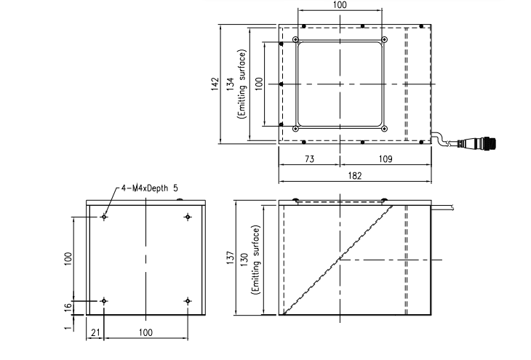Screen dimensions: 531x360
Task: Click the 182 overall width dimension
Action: pos(354,176)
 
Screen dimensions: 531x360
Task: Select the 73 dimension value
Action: pos(310,159)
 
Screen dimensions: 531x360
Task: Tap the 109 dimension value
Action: pos(386,159)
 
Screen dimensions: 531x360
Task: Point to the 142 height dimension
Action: pos(215,84)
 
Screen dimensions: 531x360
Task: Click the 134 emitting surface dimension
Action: pos(231,84)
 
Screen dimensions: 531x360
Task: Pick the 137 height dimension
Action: pos(231,257)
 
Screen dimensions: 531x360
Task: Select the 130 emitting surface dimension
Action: pos(245,260)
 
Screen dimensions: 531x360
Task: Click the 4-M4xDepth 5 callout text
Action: pos(149,188)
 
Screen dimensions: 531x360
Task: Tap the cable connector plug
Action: pos(476,143)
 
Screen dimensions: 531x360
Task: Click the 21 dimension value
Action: pos(95,332)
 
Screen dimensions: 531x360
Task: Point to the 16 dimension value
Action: pos(68,306)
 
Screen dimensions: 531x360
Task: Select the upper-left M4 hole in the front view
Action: pos(104,217)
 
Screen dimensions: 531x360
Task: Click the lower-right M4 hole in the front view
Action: pos(188,301)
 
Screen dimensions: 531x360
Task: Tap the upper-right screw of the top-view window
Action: pos(384,39)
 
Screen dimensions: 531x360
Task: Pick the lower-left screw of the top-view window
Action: pos(295,129)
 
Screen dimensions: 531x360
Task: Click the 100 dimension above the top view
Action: pos(340,5)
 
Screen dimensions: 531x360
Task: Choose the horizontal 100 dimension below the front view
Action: pos(145,332)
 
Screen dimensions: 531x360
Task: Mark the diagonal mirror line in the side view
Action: pos(338,260)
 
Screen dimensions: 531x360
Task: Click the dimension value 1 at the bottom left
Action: pos(68,327)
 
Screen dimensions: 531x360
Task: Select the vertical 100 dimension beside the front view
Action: pos(68,259)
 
